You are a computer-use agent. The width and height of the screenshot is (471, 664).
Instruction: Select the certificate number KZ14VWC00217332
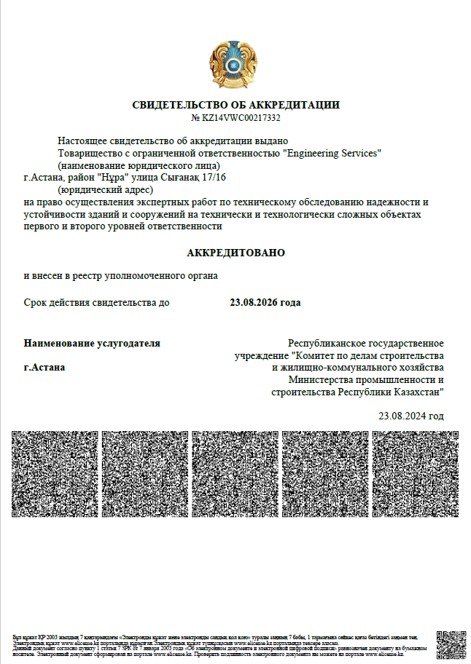tap(241, 118)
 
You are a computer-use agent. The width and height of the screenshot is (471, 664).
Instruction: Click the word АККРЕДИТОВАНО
tap(235, 253)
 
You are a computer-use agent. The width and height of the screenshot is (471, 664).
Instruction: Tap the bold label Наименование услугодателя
tap(92, 343)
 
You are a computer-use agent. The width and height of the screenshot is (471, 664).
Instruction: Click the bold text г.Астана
tap(44, 368)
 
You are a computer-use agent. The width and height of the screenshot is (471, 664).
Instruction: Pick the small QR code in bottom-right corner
tap(451, 645)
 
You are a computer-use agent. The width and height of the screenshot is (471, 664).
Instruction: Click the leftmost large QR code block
tap(55, 474)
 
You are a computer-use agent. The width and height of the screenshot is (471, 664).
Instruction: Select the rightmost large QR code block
tap(415, 474)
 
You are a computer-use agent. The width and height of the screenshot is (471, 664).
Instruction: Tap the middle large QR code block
tap(235, 474)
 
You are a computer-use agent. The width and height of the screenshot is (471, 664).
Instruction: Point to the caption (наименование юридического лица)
tap(138, 165)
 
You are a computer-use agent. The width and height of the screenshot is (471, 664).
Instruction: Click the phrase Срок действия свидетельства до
tap(96, 302)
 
